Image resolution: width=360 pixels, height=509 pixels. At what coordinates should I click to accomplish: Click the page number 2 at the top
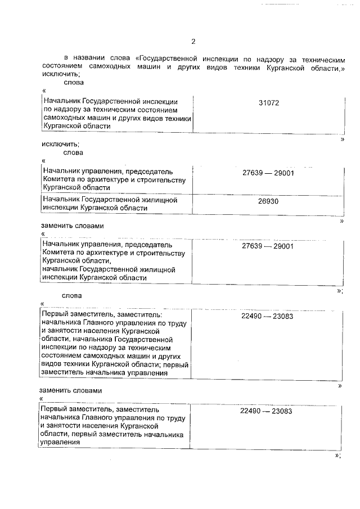click(193, 42)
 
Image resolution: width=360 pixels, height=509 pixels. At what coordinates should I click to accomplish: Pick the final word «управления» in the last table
click(58, 442)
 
